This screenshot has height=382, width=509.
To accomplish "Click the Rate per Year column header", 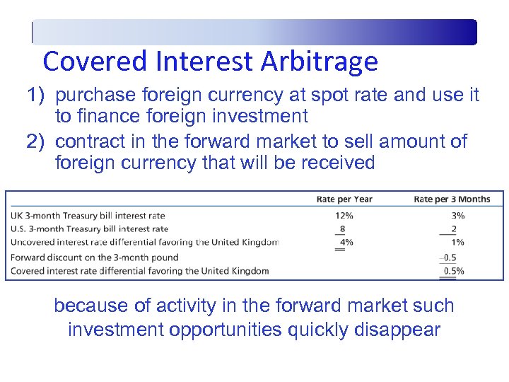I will pos(344,199).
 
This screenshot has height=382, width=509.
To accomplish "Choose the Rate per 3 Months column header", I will pos(452,199).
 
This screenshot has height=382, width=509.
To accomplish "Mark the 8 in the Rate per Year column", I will pos(342,228).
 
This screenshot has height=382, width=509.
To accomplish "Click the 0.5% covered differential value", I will pos(453,271).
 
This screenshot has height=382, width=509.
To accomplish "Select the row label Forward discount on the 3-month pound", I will pos(95,257).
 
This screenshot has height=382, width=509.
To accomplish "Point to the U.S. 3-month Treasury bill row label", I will pos(89,228).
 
